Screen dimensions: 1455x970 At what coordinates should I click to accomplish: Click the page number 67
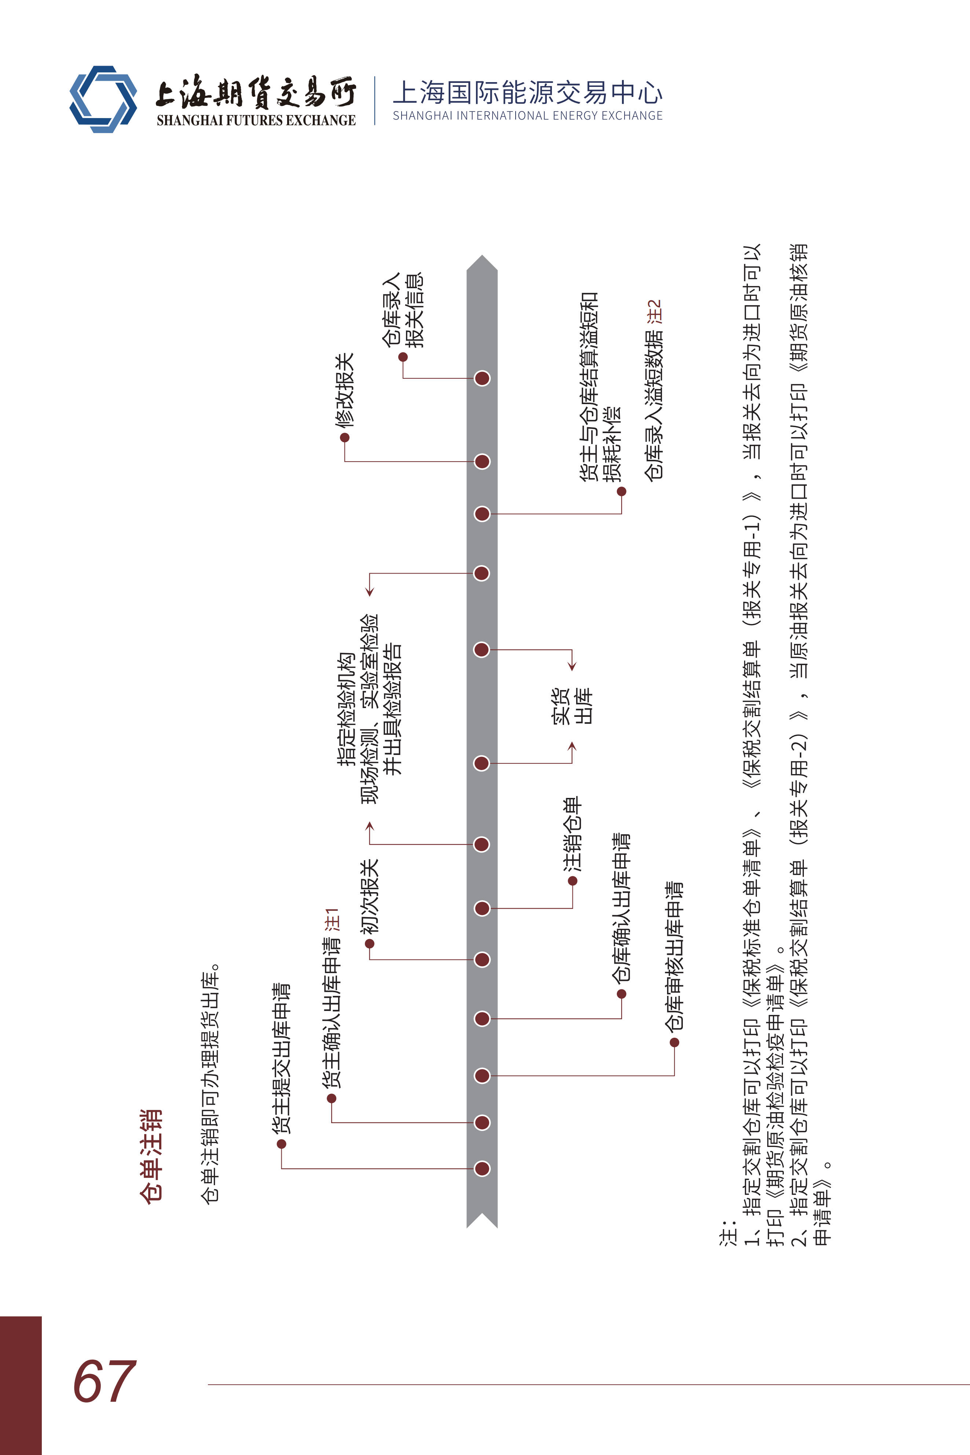(x=104, y=1381)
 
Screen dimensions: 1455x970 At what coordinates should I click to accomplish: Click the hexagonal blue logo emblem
(x=103, y=99)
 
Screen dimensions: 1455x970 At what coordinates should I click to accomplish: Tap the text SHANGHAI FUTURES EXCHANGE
(x=256, y=121)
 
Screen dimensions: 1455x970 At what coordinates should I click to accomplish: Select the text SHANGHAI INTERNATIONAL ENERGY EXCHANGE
(x=527, y=116)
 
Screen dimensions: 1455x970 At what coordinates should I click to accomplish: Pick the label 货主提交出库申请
(x=282, y=1058)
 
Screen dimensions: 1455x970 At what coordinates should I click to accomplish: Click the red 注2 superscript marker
(x=655, y=312)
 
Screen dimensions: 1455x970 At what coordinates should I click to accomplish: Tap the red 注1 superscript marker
(x=332, y=920)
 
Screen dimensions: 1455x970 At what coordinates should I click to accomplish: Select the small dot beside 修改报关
(x=345, y=438)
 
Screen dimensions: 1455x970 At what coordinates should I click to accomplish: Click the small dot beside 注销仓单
(x=573, y=881)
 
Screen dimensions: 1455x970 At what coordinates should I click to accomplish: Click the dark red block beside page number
(x=21, y=1385)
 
